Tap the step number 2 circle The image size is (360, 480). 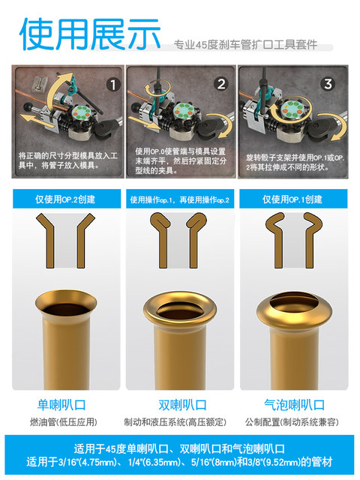[221, 85]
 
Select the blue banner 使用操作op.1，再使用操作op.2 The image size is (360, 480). [180, 199]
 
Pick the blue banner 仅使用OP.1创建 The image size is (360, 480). [292, 199]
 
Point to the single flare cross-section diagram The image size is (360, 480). [65, 240]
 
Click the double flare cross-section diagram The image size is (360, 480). [180, 240]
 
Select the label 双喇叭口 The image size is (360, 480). [180, 406]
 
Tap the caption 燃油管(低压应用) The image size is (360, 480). [65, 421]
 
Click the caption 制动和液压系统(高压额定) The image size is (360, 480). [180, 421]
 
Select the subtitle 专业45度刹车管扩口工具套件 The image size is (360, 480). [244, 45]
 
